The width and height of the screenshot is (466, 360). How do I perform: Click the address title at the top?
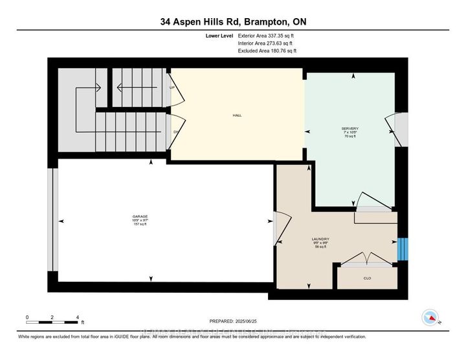(x=233, y=22)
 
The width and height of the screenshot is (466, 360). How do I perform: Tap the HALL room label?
(x=237, y=115)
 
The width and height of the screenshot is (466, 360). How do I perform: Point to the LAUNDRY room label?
(x=321, y=243)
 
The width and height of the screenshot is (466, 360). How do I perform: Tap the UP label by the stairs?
(x=172, y=87)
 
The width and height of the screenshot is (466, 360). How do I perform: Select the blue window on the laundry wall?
(x=403, y=248)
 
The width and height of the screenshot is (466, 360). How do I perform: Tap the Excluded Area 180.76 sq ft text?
(x=267, y=51)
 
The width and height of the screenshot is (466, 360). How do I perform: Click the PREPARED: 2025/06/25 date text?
(x=234, y=321)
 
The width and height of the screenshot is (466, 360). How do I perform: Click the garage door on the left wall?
(x=52, y=221)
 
